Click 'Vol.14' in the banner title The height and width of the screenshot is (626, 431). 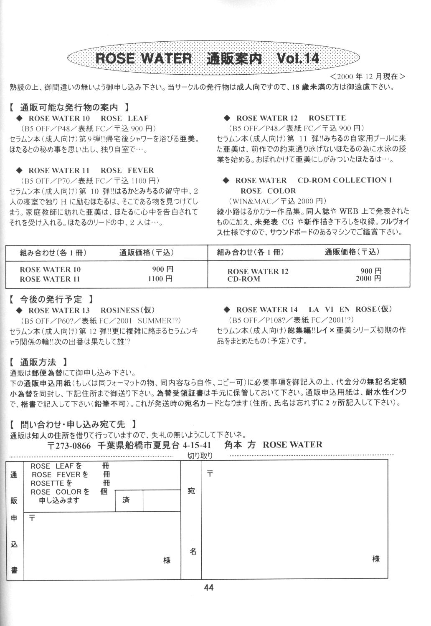[298, 58]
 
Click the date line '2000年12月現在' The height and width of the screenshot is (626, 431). [367, 76]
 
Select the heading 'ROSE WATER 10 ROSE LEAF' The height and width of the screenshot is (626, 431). [88, 118]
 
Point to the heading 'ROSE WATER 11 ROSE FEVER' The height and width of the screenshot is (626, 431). [91, 170]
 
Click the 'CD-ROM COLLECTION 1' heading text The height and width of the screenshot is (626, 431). [345, 180]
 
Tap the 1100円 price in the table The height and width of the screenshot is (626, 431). [160, 279]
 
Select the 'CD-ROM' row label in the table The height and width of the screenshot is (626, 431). [243, 279]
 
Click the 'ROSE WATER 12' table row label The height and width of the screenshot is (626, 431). [258, 271]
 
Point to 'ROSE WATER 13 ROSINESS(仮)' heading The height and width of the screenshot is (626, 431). [91, 310]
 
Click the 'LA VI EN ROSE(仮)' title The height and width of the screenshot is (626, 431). [350, 309]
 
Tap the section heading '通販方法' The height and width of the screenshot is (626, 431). [38, 362]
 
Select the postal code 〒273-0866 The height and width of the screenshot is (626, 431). [69, 445]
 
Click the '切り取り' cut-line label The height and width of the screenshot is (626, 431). [200, 456]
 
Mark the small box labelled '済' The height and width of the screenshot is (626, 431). [127, 500]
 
